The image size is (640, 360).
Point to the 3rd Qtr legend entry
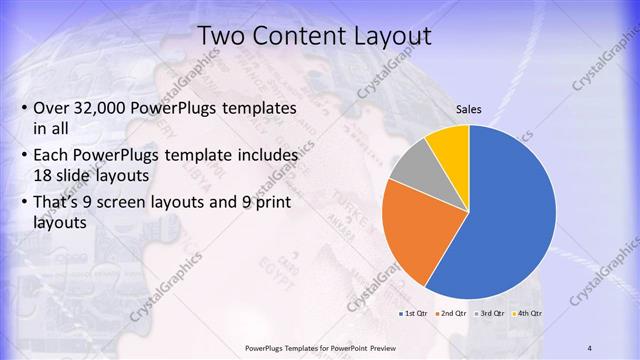tap(491, 313)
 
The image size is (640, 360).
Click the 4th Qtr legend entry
tap(528, 313)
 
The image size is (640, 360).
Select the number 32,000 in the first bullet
tap(108, 107)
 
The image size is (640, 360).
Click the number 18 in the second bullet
tap(44, 173)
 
